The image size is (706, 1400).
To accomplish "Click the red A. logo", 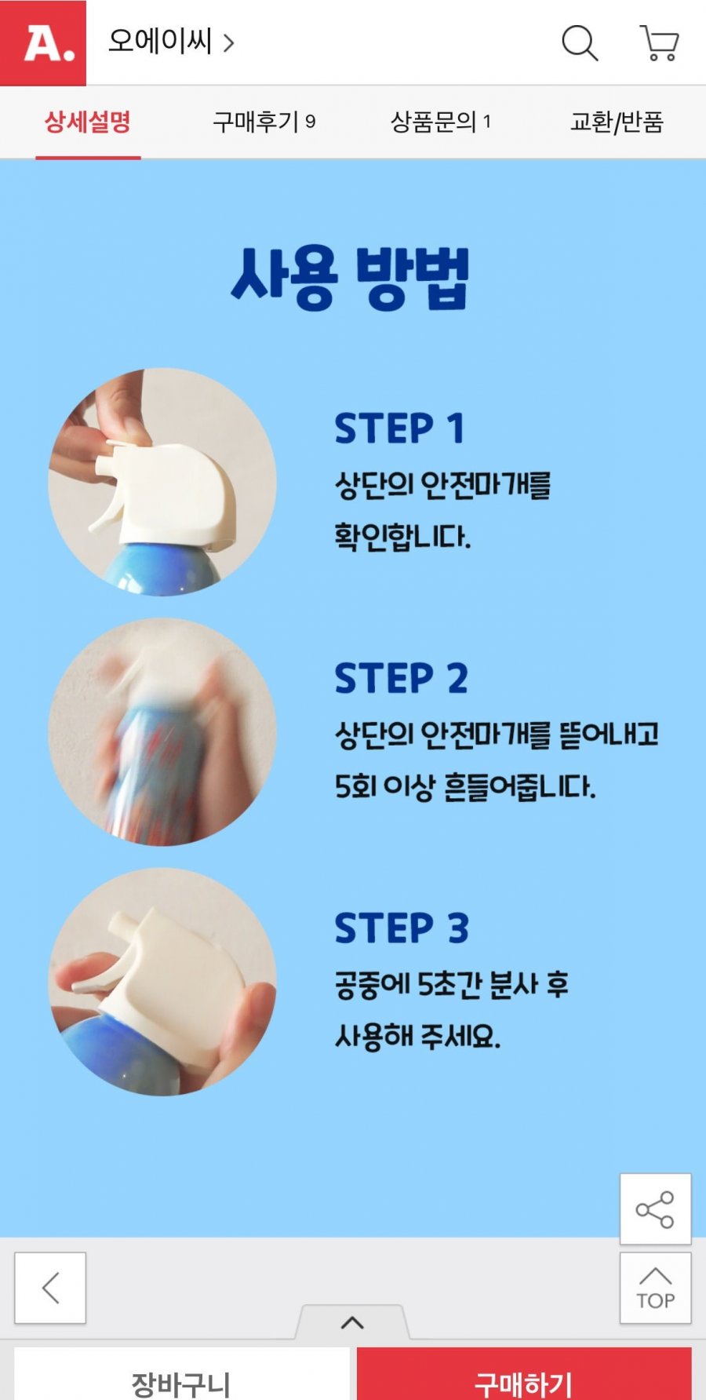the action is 43,42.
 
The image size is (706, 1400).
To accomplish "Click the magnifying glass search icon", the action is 580,42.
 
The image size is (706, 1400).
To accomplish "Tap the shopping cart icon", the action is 659,43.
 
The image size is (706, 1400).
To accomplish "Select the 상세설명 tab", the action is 88,122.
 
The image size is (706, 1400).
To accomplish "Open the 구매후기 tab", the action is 264,122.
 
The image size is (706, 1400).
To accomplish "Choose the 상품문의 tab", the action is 441,122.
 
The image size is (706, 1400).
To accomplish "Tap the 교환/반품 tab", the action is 617,122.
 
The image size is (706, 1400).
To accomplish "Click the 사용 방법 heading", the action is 350,279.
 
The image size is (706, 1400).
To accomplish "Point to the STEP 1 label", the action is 399,428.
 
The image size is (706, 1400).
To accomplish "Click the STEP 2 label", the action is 401,678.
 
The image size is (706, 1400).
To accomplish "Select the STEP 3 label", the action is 402,928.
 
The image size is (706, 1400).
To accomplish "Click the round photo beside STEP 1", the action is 162,482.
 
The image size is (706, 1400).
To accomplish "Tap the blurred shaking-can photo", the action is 162,731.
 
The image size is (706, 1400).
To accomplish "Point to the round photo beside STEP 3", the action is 162,981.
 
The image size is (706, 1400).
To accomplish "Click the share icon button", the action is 655,1209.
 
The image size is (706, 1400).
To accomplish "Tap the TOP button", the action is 655,1288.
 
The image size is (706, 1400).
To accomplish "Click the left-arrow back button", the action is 50,1288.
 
